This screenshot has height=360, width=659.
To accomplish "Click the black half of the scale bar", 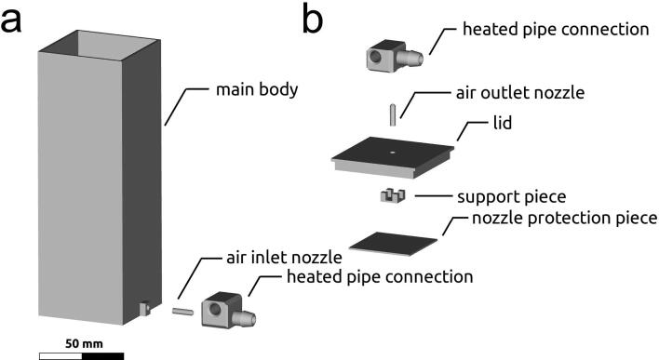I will (x=102, y=354).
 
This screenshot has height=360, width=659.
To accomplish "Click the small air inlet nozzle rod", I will (x=182, y=312).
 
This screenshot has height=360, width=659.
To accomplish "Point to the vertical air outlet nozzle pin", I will (x=393, y=113).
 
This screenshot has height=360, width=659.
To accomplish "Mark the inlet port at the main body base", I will (x=143, y=307).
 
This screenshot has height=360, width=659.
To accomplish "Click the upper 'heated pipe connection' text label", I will (x=556, y=29).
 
